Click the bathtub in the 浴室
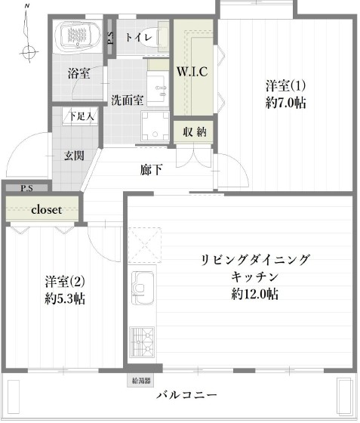77,36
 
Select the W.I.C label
192,73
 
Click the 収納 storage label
194,131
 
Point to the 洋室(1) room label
285,85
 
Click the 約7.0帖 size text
285,103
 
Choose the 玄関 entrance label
73,156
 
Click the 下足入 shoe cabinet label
81,117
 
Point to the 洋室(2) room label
64,279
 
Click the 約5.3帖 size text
64,298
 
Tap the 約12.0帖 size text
255,294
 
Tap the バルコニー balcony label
187,396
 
